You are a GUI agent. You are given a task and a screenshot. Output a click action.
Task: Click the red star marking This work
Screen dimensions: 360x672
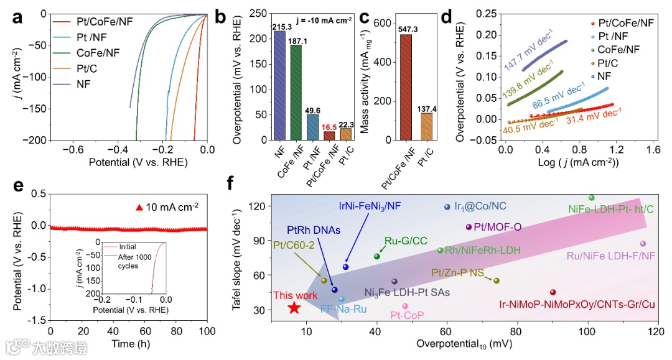(x=294, y=307)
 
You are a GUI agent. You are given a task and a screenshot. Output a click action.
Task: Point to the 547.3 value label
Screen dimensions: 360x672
(x=405, y=29)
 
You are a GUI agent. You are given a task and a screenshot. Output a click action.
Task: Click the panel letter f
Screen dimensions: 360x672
(x=231, y=184)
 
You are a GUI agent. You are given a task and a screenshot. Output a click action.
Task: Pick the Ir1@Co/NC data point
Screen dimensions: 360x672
(x=447, y=207)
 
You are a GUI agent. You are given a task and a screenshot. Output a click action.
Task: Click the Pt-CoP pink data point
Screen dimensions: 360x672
(x=405, y=306)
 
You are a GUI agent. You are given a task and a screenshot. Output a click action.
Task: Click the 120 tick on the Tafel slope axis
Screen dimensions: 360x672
(x=259, y=206)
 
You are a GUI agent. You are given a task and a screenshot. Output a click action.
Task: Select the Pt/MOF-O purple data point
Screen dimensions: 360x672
(x=469, y=227)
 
